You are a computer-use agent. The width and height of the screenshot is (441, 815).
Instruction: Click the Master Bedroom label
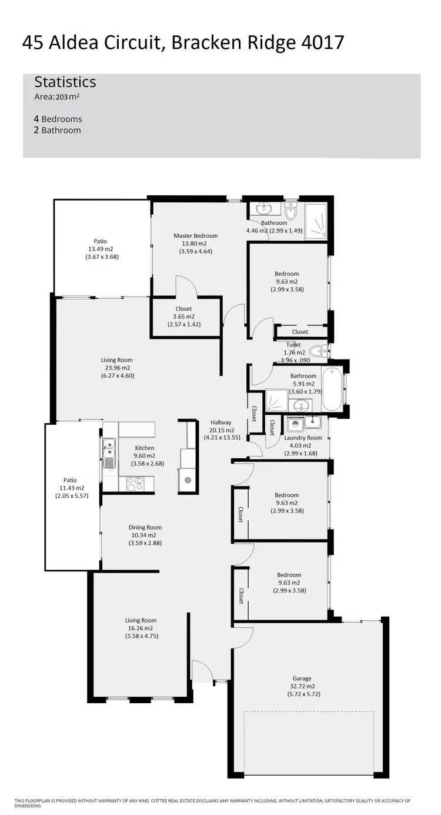click(195, 236)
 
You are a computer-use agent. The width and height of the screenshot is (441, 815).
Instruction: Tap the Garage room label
click(302, 678)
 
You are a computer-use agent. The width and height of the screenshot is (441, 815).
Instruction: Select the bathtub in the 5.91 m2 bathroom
click(332, 389)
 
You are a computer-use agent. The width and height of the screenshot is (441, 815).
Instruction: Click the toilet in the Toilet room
click(317, 351)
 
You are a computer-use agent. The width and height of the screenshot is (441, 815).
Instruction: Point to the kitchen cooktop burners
click(135, 483)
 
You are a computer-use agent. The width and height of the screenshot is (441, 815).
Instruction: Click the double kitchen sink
click(109, 452)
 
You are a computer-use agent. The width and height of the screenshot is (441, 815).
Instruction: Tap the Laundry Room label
click(303, 438)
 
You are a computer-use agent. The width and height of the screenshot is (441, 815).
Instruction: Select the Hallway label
click(221, 423)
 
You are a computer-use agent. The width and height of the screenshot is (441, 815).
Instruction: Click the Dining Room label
click(145, 528)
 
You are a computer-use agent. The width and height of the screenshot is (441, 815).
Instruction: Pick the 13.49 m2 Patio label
click(100, 241)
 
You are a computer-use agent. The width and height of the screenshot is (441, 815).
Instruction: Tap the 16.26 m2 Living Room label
click(141, 620)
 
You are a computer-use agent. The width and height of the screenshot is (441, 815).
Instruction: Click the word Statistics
click(65, 82)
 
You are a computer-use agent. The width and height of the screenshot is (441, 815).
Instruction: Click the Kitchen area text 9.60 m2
click(145, 455)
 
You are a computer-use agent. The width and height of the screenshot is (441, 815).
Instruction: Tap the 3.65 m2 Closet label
click(183, 308)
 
